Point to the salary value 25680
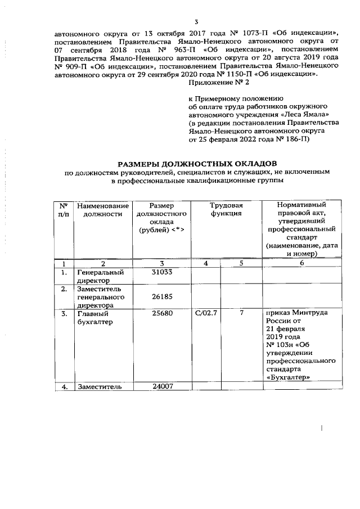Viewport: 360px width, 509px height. [161, 313]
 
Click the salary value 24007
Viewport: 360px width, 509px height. [161, 386]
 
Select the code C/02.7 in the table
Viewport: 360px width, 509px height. [207, 313]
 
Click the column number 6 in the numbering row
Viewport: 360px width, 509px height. [301, 263]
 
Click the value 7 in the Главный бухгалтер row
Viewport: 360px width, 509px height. [241, 313]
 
